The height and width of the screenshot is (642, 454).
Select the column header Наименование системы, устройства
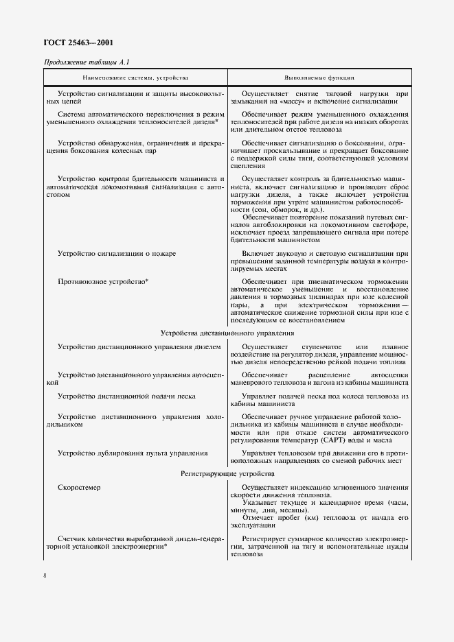click(x=136, y=78)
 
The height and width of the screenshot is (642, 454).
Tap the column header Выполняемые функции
click(x=319, y=78)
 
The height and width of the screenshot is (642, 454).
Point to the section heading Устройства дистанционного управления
click(x=227, y=333)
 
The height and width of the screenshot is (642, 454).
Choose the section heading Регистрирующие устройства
click(x=227, y=474)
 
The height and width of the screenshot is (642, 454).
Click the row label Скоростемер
click(x=79, y=488)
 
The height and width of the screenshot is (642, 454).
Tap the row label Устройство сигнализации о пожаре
click(x=117, y=253)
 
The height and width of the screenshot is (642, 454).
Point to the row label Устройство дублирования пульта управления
click(x=133, y=453)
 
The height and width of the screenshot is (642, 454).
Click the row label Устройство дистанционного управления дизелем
click(x=139, y=347)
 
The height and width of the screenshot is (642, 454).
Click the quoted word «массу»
click(x=295, y=101)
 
